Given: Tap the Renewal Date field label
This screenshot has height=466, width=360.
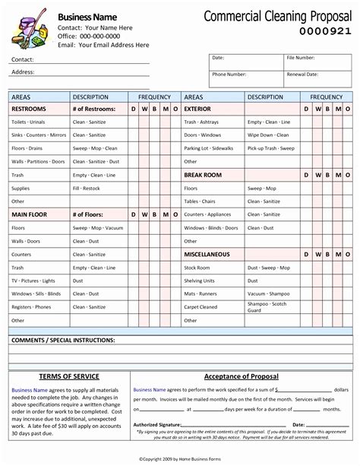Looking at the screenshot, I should (x=303, y=74).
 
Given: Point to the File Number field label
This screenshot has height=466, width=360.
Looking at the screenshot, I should (x=302, y=58).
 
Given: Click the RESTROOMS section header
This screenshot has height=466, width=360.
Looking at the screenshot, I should (x=30, y=109).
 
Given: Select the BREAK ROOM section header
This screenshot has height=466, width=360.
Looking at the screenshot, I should (x=203, y=175).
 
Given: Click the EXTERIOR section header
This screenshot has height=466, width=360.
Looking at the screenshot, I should (x=197, y=109).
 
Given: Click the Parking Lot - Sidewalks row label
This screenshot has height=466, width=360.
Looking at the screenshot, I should (x=209, y=148).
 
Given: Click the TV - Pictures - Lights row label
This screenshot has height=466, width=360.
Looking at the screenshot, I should (x=33, y=281).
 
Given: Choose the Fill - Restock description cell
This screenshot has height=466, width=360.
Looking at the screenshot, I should (x=87, y=188).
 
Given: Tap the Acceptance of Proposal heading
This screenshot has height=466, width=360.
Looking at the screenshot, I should (x=241, y=376).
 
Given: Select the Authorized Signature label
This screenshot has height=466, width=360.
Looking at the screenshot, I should (x=157, y=424).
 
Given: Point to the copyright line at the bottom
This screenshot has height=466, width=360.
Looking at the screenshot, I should (x=180, y=459).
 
